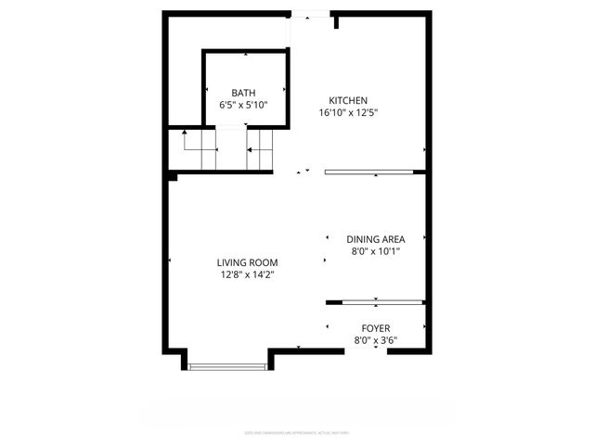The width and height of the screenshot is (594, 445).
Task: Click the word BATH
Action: pos(243,93)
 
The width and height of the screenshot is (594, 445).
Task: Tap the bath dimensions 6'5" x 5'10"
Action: pos(243,106)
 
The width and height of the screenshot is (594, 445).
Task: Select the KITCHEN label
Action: pos(348,100)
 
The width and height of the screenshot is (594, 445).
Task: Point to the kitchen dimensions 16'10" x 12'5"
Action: pos(348,113)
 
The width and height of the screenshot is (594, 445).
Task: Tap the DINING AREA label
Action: pos(375,238)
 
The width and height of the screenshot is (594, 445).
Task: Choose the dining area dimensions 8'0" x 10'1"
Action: pos(375,250)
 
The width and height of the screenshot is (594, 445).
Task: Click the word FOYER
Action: pos(375,328)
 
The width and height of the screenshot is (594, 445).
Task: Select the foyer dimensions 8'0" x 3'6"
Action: pos(375,340)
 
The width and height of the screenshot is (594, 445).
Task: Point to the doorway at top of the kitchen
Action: pos(311,14)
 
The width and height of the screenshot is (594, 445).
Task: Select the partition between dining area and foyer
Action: pos(375,301)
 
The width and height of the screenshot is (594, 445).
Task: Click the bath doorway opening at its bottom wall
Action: pos(230,125)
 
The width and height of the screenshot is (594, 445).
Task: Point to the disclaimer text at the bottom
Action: pos(296,431)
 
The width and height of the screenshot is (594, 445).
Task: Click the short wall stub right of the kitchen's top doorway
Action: pos(335,21)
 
